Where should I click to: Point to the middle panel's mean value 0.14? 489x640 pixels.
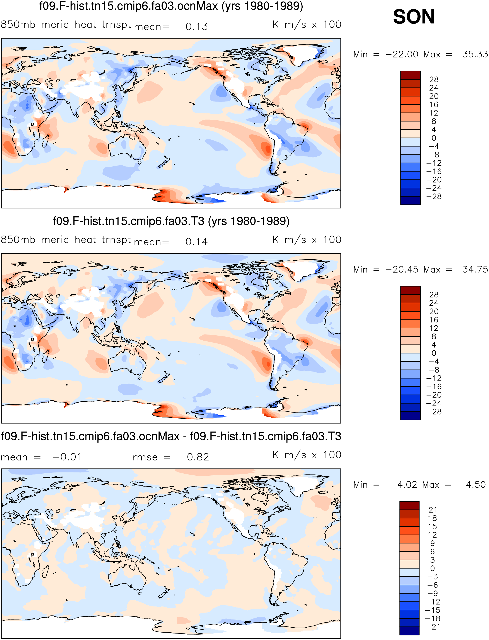coord(197,242)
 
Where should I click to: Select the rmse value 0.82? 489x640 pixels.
coord(198,457)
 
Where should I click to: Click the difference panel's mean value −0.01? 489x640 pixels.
coord(67,457)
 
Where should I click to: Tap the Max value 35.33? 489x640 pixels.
coord(475,54)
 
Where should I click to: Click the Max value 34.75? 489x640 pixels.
coord(475,270)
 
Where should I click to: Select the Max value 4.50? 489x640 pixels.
coord(476,485)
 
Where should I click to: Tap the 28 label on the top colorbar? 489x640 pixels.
coord(434,79)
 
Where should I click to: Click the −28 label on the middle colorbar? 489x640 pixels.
coord(434,412)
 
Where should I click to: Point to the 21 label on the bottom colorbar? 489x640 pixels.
coord(433,510)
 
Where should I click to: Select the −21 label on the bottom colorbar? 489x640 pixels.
coord(433,627)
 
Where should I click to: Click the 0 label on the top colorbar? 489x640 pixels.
coord(434,138)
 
